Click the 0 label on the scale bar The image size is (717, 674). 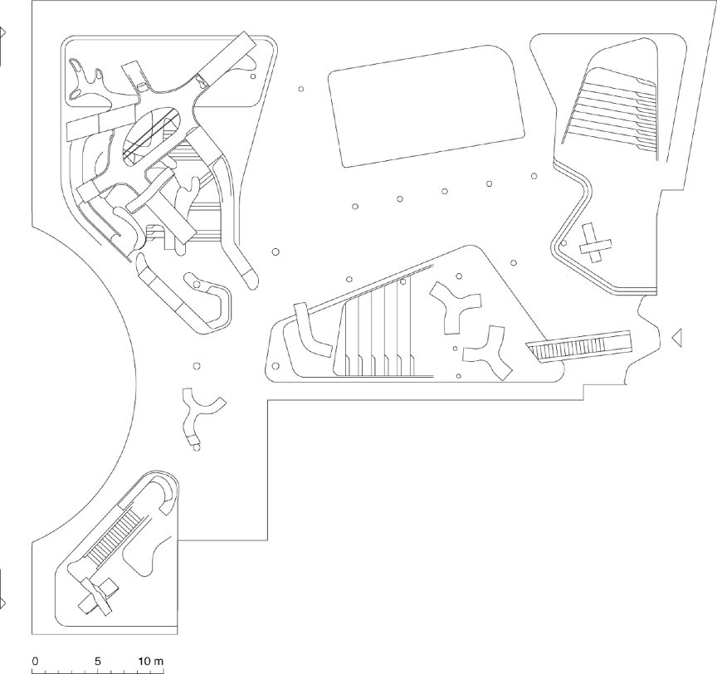[x=35, y=661]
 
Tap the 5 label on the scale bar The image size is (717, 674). [x=98, y=661]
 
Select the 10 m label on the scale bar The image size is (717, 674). [x=151, y=661]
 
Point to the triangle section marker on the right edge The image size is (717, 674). [x=676, y=336]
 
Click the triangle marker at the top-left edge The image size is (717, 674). [x=2, y=33]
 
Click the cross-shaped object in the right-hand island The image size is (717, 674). [x=594, y=244]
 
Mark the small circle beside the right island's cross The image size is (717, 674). [x=563, y=244]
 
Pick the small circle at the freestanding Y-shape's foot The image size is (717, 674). [x=197, y=447]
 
